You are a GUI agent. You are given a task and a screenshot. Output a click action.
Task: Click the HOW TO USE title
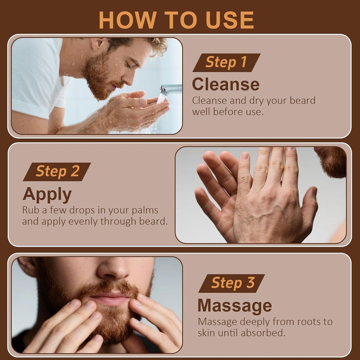click(x=176, y=20)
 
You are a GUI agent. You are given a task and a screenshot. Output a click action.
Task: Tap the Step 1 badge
click(x=226, y=62)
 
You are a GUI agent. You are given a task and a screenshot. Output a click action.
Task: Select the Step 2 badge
click(x=57, y=172)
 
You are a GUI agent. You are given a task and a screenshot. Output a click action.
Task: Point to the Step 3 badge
click(x=232, y=283)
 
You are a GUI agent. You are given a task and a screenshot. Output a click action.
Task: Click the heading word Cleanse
click(x=225, y=84)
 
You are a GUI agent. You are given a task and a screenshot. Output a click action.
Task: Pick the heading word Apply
click(x=47, y=194)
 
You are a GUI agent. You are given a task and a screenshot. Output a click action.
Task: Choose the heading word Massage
click(x=234, y=306)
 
